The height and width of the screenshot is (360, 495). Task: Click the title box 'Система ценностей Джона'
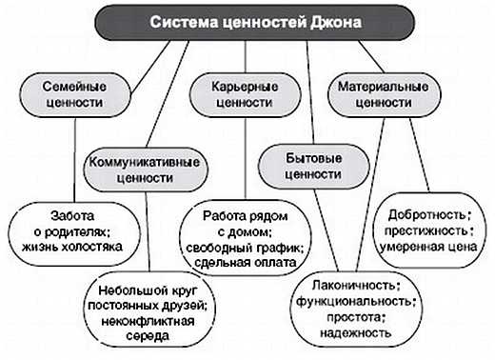click(248, 21)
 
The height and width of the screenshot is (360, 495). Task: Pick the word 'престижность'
click(428, 230)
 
